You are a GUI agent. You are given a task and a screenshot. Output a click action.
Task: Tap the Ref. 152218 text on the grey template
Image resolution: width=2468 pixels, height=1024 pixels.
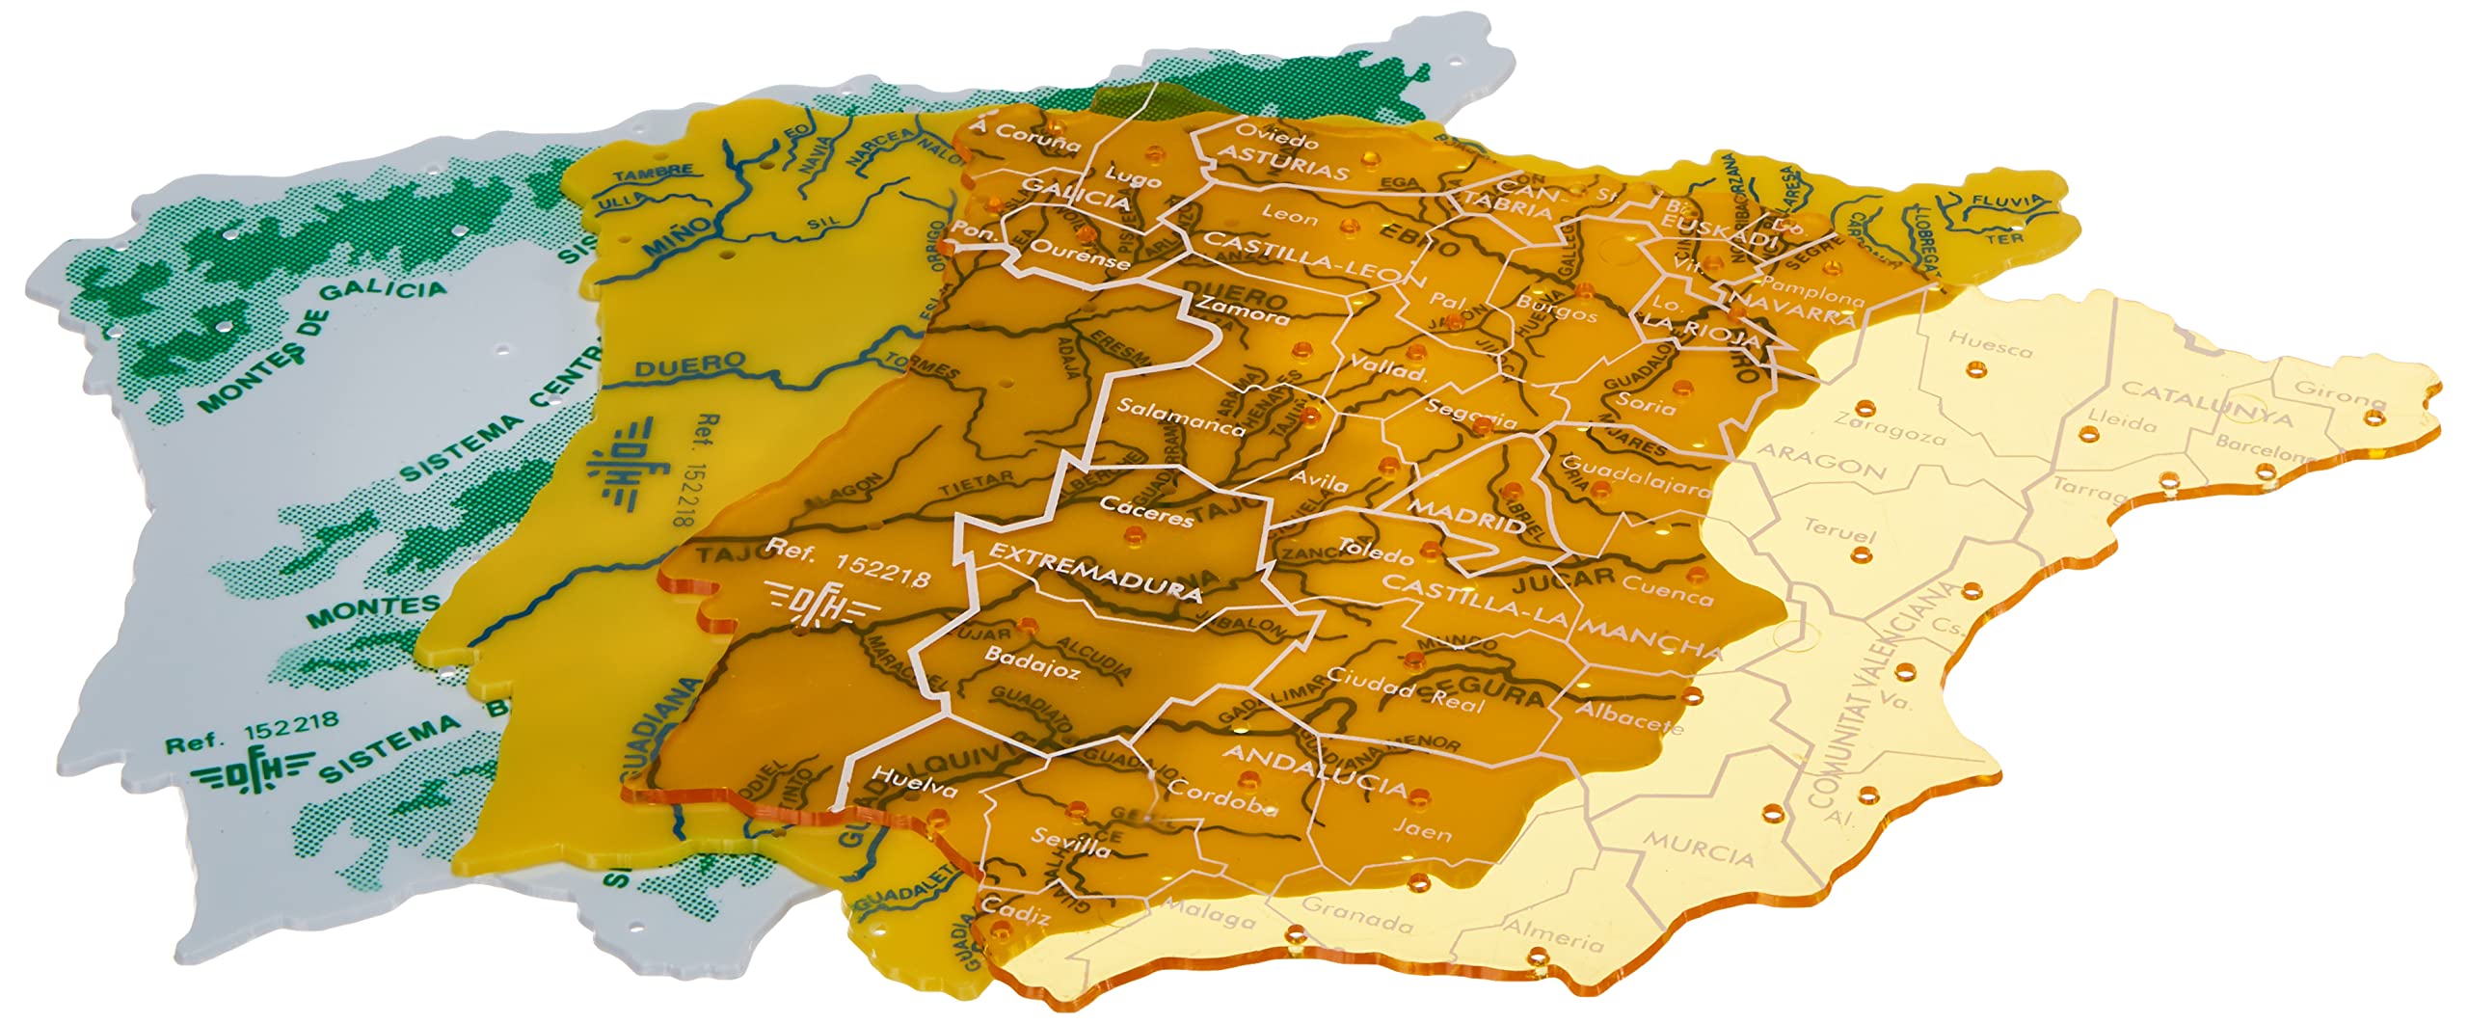point(252,732)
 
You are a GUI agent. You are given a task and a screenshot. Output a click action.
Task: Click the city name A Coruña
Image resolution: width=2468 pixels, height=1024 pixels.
point(1026,137)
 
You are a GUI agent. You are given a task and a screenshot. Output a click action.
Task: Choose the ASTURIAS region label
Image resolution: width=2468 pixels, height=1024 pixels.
point(1282,163)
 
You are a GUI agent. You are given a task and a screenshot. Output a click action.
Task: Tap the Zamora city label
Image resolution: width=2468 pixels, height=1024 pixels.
point(1243,310)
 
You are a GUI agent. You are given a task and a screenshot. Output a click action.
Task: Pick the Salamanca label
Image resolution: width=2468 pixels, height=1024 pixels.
point(1180,417)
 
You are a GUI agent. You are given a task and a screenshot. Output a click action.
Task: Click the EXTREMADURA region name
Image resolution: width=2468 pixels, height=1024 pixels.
point(1095,572)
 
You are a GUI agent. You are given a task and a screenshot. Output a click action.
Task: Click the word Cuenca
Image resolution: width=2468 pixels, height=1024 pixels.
point(1667,590)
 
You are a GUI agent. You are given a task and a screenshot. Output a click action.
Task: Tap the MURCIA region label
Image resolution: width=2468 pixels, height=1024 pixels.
point(1698,850)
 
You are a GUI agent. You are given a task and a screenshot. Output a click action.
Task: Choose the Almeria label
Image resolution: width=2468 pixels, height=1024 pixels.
point(1551,934)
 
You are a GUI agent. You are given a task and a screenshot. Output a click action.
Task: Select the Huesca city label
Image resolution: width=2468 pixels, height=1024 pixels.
point(1990,343)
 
